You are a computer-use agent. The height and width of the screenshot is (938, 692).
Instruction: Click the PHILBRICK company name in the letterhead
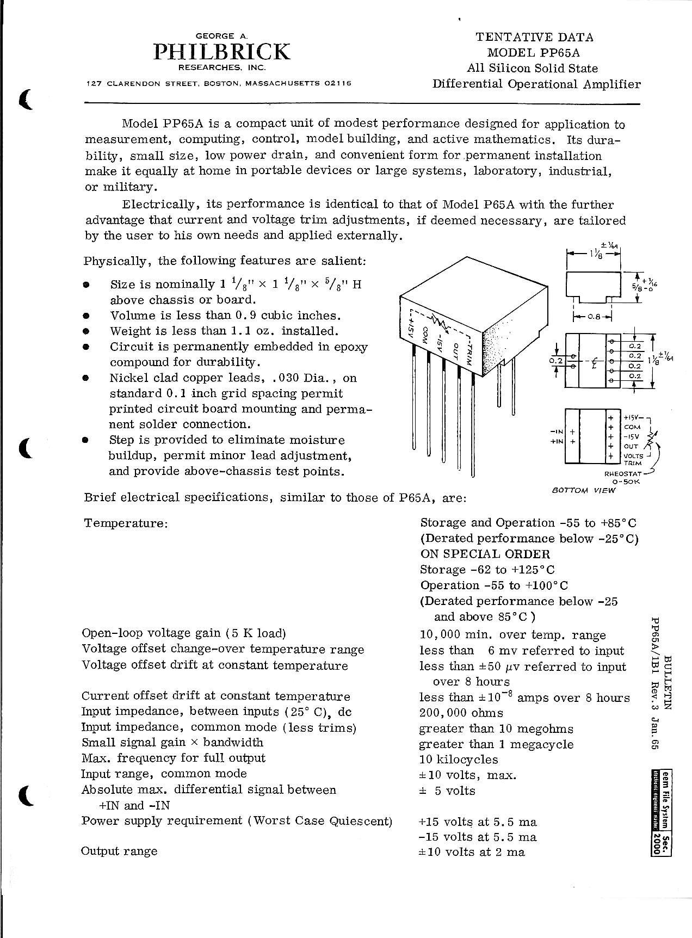coord(222,52)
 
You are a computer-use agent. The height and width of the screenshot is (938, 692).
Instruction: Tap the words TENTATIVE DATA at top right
coord(534,37)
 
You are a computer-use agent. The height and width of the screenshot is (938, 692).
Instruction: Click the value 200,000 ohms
coord(461,713)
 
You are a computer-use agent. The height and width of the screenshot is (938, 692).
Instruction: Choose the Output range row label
coord(119,851)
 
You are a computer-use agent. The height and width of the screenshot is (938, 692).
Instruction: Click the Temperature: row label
coord(126,523)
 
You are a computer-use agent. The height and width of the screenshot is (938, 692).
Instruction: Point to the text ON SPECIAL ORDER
coord(485,554)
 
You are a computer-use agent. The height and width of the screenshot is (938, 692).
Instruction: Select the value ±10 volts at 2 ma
coord(472,852)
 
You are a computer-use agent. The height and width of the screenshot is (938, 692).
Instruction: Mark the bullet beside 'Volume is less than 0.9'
coord(86,316)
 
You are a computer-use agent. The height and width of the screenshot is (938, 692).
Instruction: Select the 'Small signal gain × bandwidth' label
coord(172,743)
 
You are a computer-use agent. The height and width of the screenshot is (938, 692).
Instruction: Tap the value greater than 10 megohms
coord(496,729)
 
